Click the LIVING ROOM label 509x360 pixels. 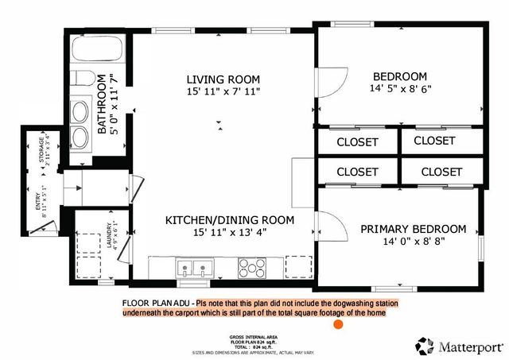223,79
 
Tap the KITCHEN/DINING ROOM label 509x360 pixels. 230,219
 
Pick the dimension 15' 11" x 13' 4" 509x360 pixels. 229,233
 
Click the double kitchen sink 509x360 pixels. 195,268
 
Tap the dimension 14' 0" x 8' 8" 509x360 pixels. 412,242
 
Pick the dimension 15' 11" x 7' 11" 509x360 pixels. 223,92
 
